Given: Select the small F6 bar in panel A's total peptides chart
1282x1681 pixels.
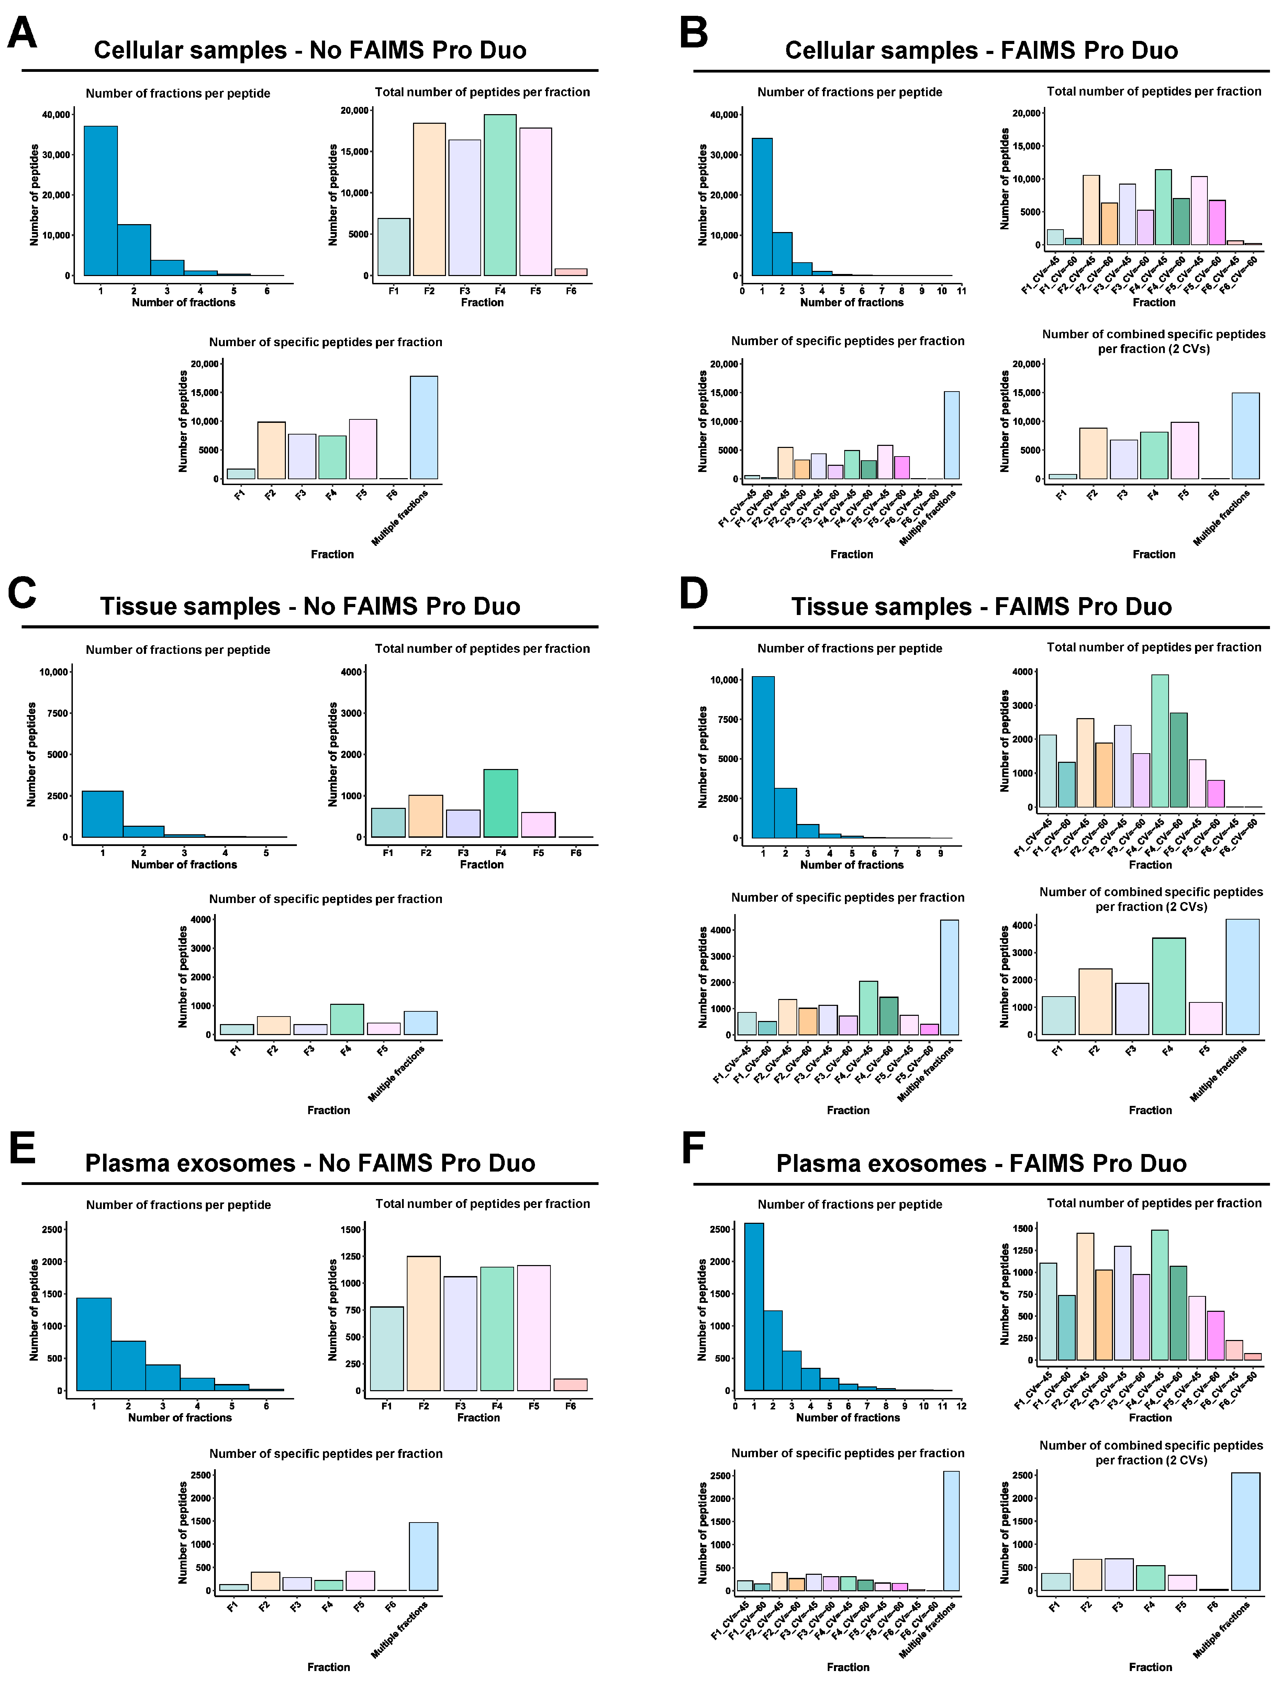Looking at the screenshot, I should (571, 272).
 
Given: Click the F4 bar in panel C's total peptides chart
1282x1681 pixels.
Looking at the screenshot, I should (501, 803).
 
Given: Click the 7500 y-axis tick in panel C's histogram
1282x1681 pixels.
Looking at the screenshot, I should (58, 713).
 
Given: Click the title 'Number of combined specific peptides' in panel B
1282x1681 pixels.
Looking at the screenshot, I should (1153, 334).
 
